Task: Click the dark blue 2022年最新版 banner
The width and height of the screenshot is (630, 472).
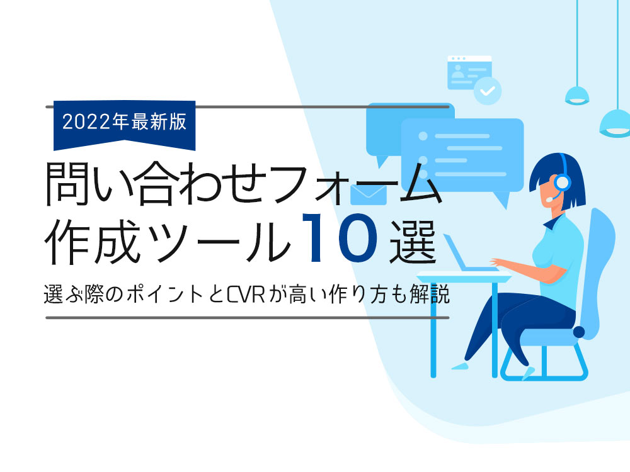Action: click(125, 125)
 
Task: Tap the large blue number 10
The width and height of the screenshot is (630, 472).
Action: click(340, 237)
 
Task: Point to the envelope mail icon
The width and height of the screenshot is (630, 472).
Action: click(369, 194)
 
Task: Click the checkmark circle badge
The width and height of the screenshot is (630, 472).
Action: click(488, 91)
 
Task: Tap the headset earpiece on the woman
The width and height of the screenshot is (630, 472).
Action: click(562, 183)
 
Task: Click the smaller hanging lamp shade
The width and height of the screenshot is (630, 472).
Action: click(577, 96)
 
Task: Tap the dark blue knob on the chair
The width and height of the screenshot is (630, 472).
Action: click(578, 332)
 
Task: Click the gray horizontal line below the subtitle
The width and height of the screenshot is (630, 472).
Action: click(247, 317)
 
